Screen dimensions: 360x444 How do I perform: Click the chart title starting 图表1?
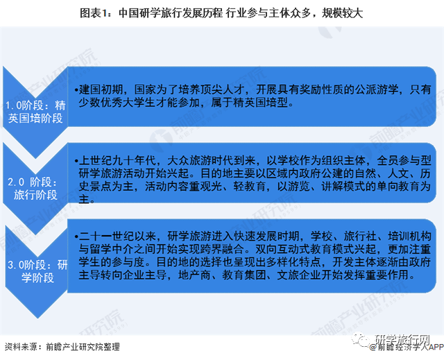point(221,13)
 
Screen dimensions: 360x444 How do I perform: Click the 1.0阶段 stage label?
point(35,112)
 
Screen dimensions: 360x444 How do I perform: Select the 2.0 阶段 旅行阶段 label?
point(35,188)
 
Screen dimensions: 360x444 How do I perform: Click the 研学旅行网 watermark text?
point(404,339)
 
